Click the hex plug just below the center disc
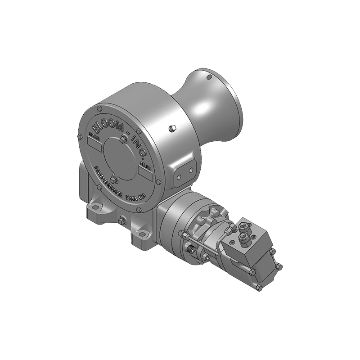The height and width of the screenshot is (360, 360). [113, 180]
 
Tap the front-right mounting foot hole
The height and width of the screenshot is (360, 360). [142, 234]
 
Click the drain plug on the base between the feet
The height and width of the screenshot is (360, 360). [121, 220]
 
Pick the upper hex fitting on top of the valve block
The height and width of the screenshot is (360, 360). [243, 227]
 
